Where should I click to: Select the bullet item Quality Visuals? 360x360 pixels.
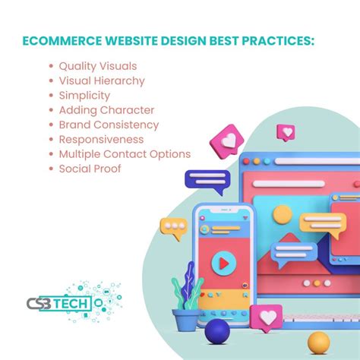click(97, 66)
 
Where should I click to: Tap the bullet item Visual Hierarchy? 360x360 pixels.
click(102, 81)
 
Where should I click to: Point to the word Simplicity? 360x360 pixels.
click(84, 95)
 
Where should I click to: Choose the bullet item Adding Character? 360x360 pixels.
click(106, 110)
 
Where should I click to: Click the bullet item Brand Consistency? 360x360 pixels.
click(109, 125)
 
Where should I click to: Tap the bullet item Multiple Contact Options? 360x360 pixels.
click(125, 153)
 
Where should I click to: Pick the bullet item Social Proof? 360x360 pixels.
click(90, 168)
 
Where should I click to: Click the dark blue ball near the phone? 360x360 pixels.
click(217, 330)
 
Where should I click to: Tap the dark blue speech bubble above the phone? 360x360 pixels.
click(207, 181)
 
